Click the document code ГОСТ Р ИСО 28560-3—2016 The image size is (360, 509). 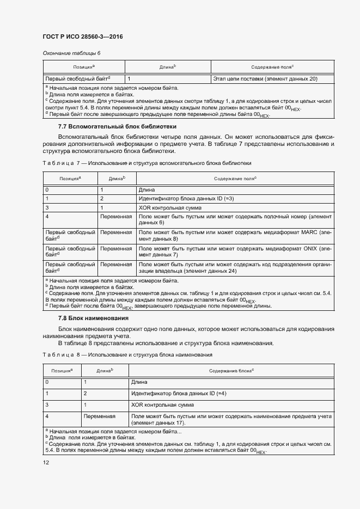click(83, 36)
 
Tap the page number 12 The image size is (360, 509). click(45, 462)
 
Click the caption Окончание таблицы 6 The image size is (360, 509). click(71, 53)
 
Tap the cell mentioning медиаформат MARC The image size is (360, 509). click(235, 236)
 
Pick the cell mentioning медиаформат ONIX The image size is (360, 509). click(235, 251)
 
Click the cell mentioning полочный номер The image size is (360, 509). click(235, 220)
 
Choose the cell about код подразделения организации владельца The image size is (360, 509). click(235, 267)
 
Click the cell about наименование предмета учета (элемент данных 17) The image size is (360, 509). click(231, 419)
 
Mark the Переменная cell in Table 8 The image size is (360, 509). click(100, 416)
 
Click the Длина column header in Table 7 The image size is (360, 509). click(117, 179)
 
